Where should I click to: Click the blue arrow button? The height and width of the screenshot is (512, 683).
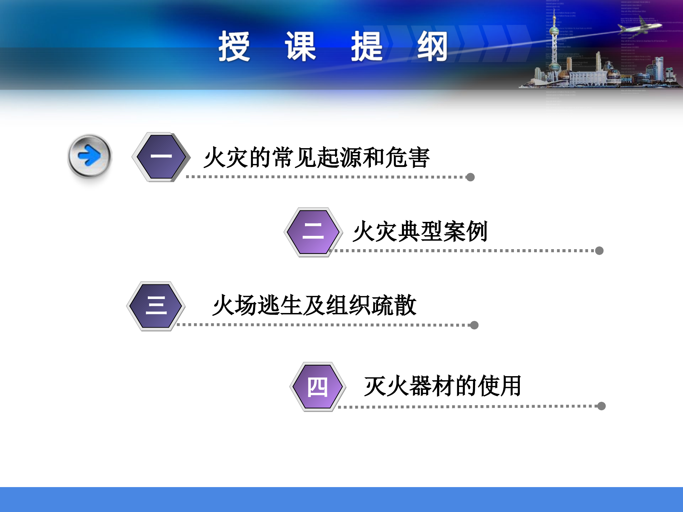[x=89, y=156]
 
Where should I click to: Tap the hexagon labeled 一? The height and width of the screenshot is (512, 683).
[x=161, y=157]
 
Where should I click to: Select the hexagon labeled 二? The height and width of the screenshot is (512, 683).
[x=313, y=232]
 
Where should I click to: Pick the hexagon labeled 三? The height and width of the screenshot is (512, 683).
[x=156, y=306]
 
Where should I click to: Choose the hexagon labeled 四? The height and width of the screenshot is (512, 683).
[x=318, y=387]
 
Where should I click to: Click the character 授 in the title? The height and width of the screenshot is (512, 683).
[x=234, y=46]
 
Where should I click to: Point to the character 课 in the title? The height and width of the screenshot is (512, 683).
[x=301, y=46]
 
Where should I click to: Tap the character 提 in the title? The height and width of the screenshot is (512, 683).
[x=367, y=46]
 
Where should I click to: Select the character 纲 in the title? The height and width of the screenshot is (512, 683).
[x=432, y=46]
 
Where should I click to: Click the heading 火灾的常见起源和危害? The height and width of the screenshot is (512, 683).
[x=316, y=157]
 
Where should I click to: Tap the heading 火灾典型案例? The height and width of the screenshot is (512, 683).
[x=420, y=231]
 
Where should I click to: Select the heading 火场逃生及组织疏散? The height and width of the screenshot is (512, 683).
[x=314, y=305]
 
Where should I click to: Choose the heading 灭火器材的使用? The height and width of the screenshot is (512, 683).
[x=443, y=386]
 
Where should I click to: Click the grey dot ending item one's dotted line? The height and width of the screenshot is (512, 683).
[x=470, y=177]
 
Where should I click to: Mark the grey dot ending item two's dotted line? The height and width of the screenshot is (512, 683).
[x=599, y=251]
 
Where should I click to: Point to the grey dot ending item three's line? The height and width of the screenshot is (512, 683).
[x=474, y=325]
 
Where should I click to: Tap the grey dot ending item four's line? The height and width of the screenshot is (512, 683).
[x=601, y=406]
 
